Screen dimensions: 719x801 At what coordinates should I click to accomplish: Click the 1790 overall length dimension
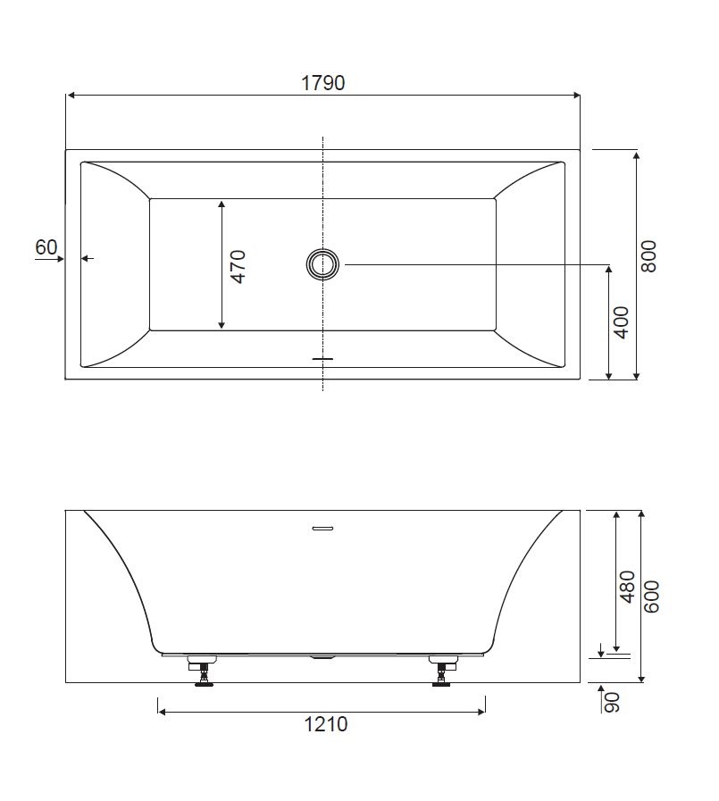click(323, 83)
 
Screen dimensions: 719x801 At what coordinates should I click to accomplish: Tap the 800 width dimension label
click(648, 256)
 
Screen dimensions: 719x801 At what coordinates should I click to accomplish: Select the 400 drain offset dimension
click(622, 321)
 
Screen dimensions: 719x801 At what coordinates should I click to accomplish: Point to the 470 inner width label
click(238, 266)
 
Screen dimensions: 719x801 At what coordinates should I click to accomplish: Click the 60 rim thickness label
click(46, 247)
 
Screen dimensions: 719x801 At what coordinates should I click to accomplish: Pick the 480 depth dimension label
click(627, 587)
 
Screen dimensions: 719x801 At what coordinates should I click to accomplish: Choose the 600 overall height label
click(651, 597)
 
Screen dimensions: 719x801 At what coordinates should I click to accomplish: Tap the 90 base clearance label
click(612, 702)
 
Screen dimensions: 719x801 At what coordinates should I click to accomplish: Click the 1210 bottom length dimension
click(325, 724)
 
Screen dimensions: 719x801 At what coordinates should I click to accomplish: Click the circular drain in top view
click(322, 264)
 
